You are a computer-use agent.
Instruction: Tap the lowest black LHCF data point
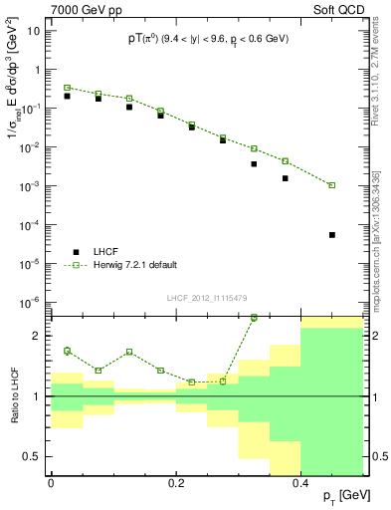pos(331,235)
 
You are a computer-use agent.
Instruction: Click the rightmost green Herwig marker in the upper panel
pos(331,185)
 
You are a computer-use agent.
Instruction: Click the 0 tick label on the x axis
pos(51,482)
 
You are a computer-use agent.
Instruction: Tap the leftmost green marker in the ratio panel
pos(67,351)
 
